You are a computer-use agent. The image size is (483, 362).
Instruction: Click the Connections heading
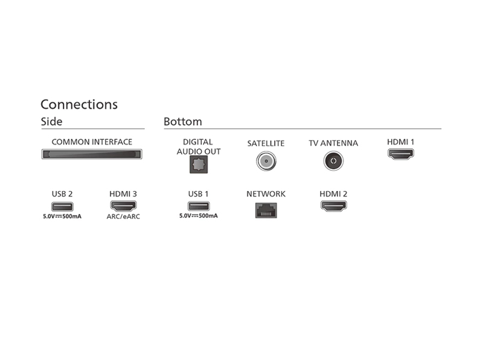[x=79, y=104]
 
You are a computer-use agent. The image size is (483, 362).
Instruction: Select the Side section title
[x=52, y=122]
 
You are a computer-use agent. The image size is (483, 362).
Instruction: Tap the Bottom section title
[x=183, y=122]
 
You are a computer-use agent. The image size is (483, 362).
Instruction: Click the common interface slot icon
[x=92, y=154]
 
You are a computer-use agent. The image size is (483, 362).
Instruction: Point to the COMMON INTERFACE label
[x=92, y=142]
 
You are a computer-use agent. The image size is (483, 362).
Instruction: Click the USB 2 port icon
[x=62, y=206]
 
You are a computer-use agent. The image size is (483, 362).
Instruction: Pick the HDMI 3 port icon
[x=123, y=206]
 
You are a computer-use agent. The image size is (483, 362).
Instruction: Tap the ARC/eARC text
[x=123, y=217]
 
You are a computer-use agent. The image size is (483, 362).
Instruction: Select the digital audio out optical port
[x=199, y=164]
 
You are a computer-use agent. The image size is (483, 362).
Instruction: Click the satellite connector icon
[x=266, y=161]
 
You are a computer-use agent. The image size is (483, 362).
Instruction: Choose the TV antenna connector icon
[x=333, y=161]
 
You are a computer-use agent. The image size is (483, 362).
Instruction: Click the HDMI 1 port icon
[x=401, y=154]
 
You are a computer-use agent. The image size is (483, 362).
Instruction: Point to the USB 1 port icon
[x=199, y=206]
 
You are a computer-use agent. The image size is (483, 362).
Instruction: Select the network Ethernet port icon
[x=266, y=210]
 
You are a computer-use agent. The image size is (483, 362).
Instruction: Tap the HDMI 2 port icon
[x=334, y=206]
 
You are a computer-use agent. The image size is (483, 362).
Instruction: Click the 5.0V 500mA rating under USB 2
[x=62, y=217]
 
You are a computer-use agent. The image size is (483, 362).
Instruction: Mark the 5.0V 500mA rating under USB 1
[x=199, y=216]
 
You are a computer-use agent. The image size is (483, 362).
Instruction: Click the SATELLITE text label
[x=266, y=144]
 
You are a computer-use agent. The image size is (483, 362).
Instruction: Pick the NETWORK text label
[x=266, y=194]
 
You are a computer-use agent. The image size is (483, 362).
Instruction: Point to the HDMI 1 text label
[x=401, y=142]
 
